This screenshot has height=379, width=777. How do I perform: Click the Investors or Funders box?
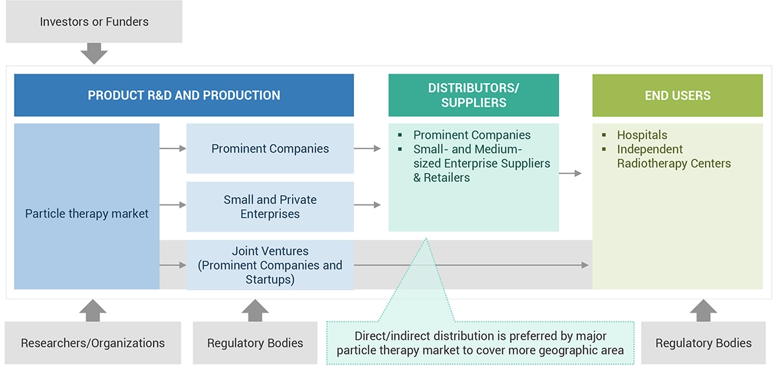click(94, 22)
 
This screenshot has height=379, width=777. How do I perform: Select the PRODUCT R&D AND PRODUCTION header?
click(184, 95)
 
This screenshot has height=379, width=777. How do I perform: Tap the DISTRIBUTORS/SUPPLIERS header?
click(474, 95)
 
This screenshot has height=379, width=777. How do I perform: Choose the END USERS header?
click(677, 95)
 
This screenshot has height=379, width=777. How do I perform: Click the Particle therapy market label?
click(87, 214)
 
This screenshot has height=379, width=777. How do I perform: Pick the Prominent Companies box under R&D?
click(270, 149)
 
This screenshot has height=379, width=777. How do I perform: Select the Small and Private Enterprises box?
click(270, 206)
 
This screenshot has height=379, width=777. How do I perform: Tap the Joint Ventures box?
click(270, 265)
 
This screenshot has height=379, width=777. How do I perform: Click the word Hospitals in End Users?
click(642, 135)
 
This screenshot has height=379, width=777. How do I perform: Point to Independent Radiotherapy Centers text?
click(673, 157)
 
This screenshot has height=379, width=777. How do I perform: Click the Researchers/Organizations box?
click(93, 343)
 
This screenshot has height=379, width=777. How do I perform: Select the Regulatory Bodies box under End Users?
click(703, 343)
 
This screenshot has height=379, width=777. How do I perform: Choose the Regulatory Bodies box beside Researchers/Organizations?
click(255, 343)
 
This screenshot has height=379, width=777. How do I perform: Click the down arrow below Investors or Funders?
click(94, 53)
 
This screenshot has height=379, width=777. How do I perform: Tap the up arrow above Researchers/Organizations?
click(93, 310)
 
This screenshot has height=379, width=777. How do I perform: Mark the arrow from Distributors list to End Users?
click(570, 173)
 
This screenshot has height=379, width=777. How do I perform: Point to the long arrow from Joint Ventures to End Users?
click(472, 265)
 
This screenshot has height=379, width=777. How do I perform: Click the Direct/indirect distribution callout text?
click(480, 343)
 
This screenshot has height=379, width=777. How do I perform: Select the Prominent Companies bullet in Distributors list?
click(472, 135)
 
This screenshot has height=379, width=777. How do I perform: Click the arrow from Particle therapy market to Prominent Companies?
click(173, 149)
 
